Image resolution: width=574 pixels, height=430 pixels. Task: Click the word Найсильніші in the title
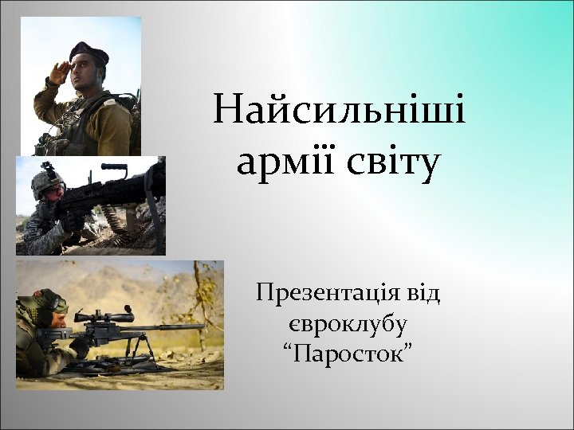pyautogui.click(x=340, y=111)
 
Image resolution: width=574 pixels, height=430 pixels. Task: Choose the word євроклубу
pyautogui.click(x=348, y=324)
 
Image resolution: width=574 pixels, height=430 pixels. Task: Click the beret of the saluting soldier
pyautogui.click(x=88, y=52)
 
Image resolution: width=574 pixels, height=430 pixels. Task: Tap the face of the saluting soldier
pyautogui.click(x=86, y=74)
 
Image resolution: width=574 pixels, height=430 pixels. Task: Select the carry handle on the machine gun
pyautogui.click(x=113, y=168)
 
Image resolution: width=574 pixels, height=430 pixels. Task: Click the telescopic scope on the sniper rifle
pyautogui.click(x=108, y=317)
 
